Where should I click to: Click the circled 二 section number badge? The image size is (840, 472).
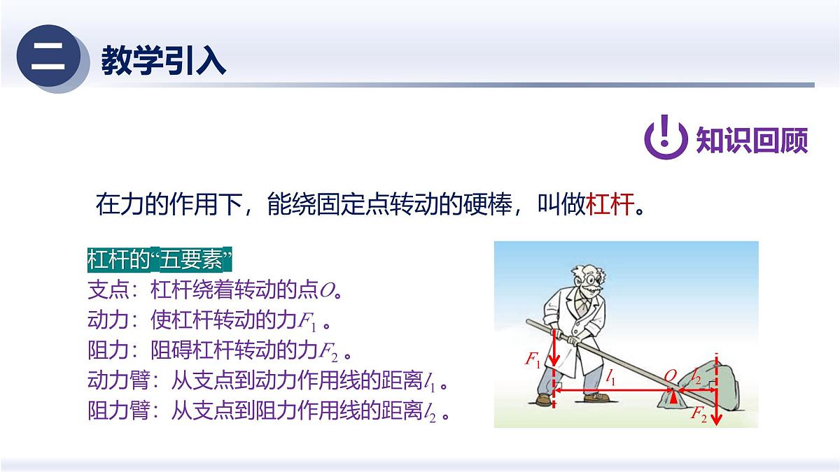pos(48,57)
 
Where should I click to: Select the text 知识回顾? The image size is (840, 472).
pos(752,140)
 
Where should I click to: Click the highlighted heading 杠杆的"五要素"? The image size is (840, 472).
pos(160,260)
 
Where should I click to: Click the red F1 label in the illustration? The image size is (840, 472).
pos(533,360)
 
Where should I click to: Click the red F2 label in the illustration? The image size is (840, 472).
pos(699,415)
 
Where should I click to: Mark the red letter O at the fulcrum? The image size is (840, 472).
pos(670,376)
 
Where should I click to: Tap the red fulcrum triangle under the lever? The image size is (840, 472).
pos(673,398)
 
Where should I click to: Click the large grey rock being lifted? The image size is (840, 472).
pos(717,381)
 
